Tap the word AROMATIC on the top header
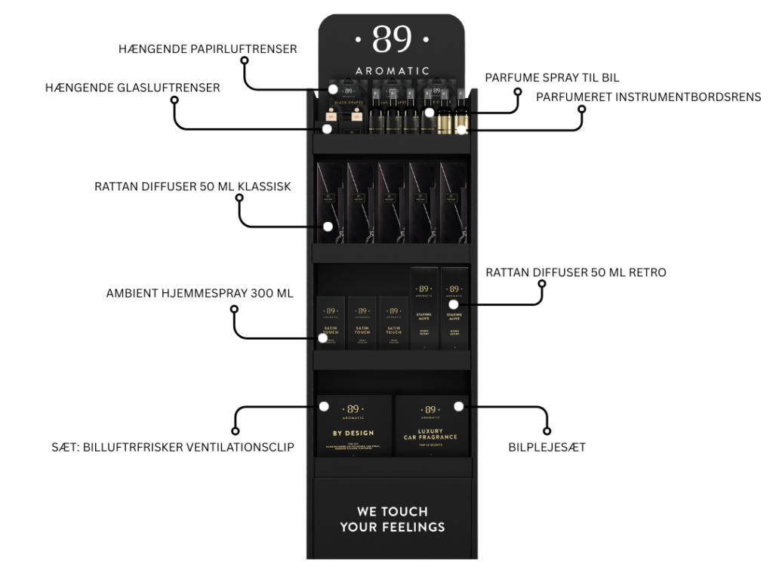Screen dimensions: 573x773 [392, 71]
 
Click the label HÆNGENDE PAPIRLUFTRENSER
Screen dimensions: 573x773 [208, 49]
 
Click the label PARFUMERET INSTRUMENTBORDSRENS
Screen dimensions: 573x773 [649, 96]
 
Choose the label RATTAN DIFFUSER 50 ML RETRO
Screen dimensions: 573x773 [576, 273]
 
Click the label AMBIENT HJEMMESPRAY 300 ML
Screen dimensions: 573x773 [200, 294]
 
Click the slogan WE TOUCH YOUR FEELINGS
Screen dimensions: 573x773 [392, 519]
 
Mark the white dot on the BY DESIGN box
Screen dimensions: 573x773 [323, 406]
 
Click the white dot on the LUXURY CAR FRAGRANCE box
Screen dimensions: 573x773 [458, 406]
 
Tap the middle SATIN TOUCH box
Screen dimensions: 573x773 [362, 323]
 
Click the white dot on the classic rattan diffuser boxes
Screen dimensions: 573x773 [328, 226]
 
